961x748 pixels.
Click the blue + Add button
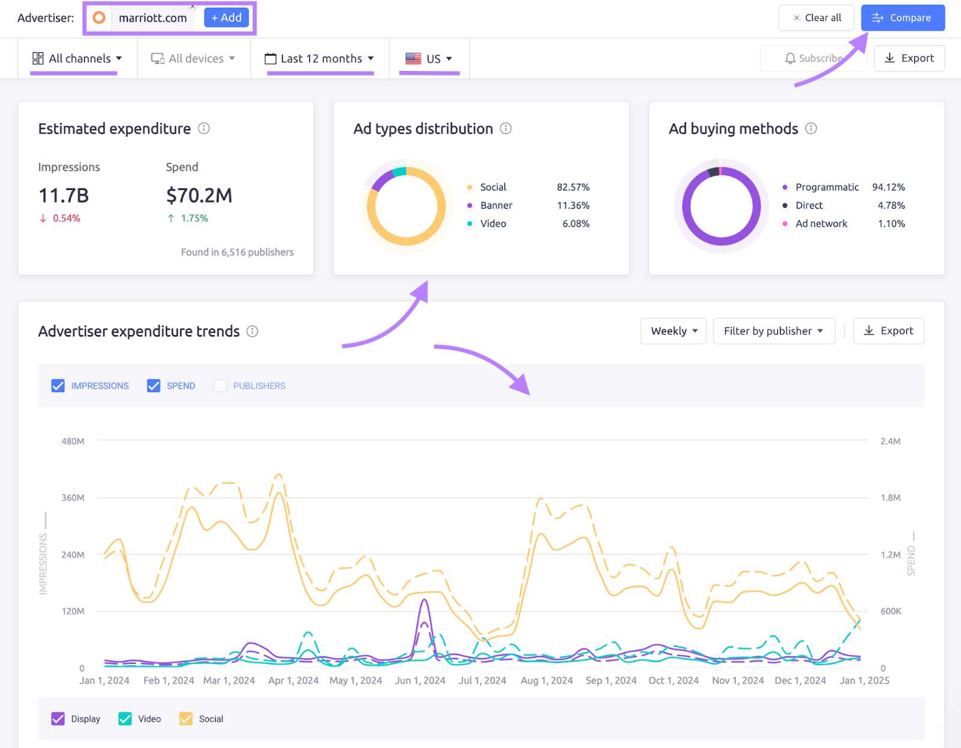point(226,18)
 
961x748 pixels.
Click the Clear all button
point(816,18)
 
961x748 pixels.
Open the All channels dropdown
point(77,58)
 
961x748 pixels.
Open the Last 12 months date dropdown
point(320,58)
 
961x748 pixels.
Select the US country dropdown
point(429,58)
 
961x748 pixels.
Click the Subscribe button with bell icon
point(813,58)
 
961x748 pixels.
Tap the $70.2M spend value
point(199,195)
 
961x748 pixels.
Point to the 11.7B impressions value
point(64,195)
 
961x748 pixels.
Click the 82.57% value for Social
point(572,187)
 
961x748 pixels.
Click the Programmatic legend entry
point(826,187)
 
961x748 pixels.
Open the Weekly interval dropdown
point(673,331)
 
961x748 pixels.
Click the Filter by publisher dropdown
point(774,331)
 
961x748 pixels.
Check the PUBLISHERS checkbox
point(220,386)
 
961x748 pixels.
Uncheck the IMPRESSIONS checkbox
point(58,386)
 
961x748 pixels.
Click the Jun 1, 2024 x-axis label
point(420,680)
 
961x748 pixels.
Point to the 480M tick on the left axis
point(73,441)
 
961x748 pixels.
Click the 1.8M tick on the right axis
point(890,497)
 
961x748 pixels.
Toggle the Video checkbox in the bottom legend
point(125,719)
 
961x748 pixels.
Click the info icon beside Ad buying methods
point(811,129)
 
